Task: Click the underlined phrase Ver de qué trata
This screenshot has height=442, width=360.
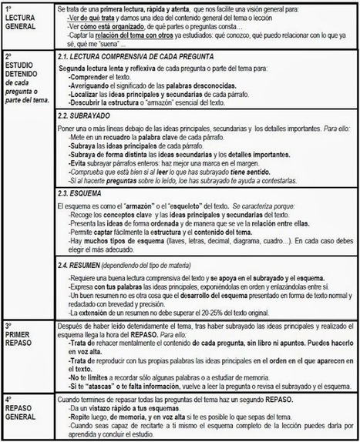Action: [90, 17]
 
